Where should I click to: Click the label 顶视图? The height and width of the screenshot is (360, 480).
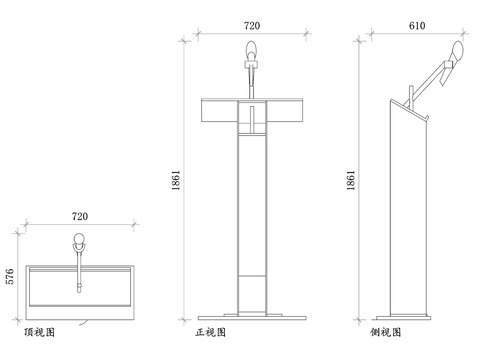pos(39,330)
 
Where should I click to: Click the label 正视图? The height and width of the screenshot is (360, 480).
pos(212,330)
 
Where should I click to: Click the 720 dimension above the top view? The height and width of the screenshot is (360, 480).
pos(83,215)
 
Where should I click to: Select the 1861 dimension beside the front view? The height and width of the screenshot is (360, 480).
pos(178,180)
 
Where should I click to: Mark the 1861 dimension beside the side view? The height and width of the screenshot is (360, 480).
pos(350,180)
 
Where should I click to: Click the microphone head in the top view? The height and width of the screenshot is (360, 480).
pos(78,239)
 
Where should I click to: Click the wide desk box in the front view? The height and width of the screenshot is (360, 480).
pos(252,112)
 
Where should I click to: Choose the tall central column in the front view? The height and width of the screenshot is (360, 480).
pos(252,220)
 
